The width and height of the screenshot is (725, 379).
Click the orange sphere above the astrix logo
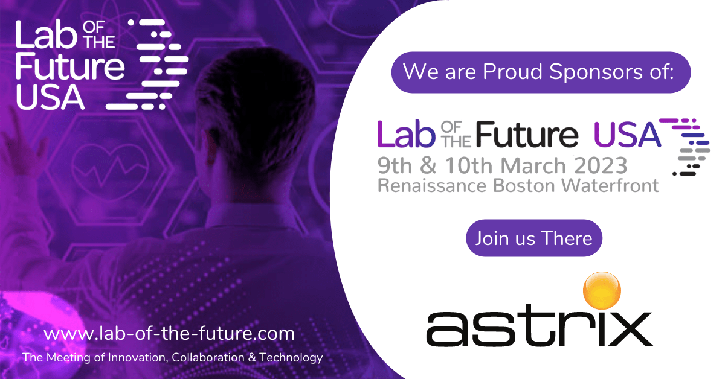point(602,290)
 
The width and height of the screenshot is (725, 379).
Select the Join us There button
point(534,238)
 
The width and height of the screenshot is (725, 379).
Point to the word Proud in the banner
point(513,71)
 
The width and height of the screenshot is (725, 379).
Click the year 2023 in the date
point(601,165)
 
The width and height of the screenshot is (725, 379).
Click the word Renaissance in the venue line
point(432,186)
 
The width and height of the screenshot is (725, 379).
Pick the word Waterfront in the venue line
point(610,185)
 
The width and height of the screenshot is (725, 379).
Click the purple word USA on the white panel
point(627,135)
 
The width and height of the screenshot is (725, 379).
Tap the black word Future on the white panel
point(527,134)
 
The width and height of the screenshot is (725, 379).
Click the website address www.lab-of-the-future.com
point(169,333)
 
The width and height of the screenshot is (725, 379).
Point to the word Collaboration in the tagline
point(208,357)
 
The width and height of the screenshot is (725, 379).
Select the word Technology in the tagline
point(291,358)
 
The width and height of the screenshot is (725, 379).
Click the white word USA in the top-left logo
point(50,97)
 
